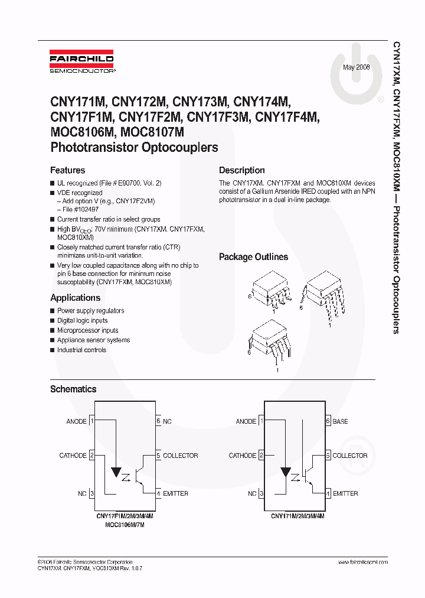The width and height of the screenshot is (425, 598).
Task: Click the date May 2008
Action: coord(357,67)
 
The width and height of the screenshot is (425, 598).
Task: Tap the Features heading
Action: coord(67,170)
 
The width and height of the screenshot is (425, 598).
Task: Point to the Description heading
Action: coord(241,170)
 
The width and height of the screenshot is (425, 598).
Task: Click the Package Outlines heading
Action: coord(253,257)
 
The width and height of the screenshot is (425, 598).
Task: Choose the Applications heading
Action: coord(75,298)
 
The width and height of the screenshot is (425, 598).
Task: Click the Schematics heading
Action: coord(73,389)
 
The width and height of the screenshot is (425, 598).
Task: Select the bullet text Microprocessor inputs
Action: coord(87,330)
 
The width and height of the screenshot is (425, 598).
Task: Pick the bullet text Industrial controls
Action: coord(81,350)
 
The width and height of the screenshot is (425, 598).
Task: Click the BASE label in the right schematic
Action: coord(340,421)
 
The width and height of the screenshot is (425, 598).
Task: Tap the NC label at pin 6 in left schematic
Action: coord(168,421)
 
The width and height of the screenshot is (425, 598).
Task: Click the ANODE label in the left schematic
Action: coord(77,421)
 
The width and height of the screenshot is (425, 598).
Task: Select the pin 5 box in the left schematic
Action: coord(158,456)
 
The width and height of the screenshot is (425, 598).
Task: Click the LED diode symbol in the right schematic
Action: coord(286,472)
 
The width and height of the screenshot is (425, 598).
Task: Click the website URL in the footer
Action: coord(363,562)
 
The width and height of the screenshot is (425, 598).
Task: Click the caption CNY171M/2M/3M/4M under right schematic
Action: coord(297,516)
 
